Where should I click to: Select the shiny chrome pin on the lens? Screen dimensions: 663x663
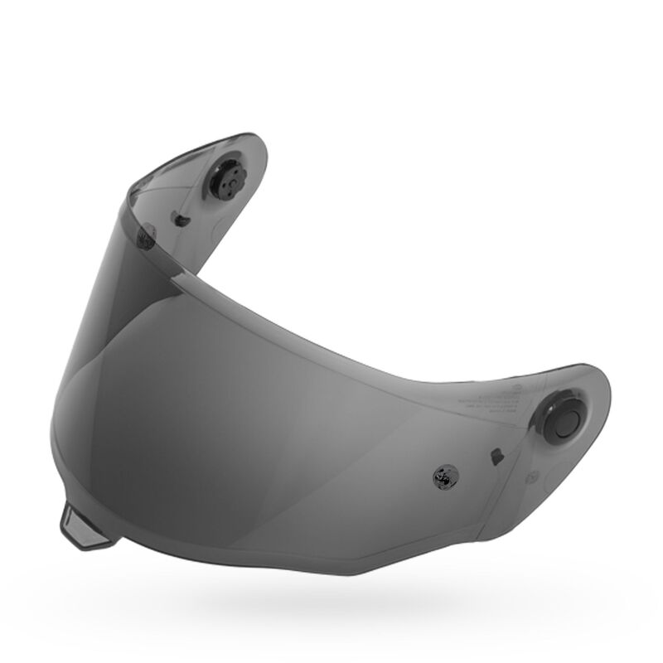(x=442, y=477)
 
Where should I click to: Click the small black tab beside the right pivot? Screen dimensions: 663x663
(x=496, y=456)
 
